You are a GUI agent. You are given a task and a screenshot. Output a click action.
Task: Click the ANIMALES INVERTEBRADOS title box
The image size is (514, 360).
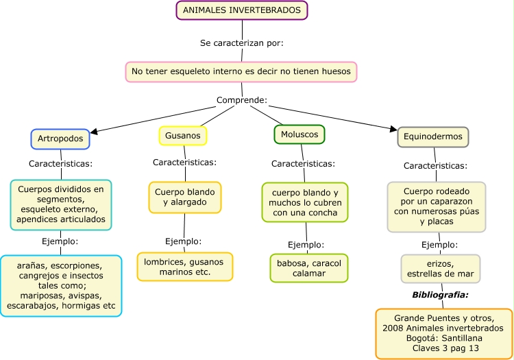pos(242,11)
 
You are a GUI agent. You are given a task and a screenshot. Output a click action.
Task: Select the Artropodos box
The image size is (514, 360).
pos(60,139)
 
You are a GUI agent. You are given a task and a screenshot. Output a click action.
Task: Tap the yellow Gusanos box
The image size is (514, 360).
pos(182,136)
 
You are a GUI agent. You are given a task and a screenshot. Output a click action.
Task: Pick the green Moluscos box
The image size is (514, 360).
pos(299,134)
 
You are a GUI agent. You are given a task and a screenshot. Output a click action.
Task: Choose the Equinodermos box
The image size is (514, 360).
pos(433,137)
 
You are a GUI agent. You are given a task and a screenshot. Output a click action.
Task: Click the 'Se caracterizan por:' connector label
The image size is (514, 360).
pos(242,43)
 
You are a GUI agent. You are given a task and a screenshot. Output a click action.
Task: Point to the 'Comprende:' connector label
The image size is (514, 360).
pos(242,100)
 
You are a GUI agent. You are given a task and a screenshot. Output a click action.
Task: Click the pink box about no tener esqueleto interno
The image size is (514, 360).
pos(242,71)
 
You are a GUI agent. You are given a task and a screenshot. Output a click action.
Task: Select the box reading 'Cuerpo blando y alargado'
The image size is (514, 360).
pos(184,197)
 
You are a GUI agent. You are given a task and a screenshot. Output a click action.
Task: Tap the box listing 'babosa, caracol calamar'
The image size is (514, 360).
pos(308,268)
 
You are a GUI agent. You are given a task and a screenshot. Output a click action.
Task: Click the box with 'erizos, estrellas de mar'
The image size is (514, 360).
pos(440,269)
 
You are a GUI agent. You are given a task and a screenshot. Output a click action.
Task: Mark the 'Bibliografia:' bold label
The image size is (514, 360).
pos(440,295)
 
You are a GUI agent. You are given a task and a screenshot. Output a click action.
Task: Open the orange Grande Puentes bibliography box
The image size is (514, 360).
pos(444,333)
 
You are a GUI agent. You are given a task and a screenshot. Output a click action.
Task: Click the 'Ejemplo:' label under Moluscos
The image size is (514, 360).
pos(306,245)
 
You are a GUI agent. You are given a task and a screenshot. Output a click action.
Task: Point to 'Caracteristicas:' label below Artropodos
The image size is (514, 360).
pos(60,164)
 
